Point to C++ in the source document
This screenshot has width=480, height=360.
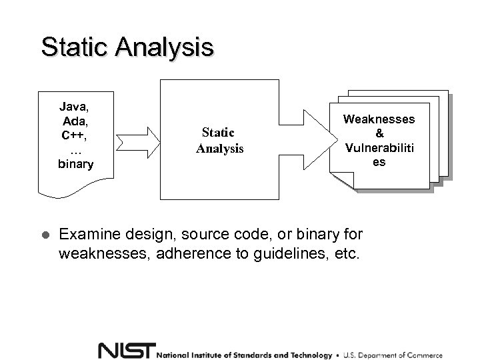(x=75, y=135)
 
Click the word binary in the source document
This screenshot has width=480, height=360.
(x=75, y=164)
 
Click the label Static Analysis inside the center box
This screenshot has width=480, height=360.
(x=219, y=141)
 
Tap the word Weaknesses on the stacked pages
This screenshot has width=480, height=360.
(x=379, y=119)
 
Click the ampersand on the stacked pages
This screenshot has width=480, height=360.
(x=379, y=133)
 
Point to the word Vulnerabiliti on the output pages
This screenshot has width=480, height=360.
(x=379, y=147)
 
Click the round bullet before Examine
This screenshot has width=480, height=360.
(x=45, y=235)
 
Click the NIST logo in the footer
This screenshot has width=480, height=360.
(x=126, y=351)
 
